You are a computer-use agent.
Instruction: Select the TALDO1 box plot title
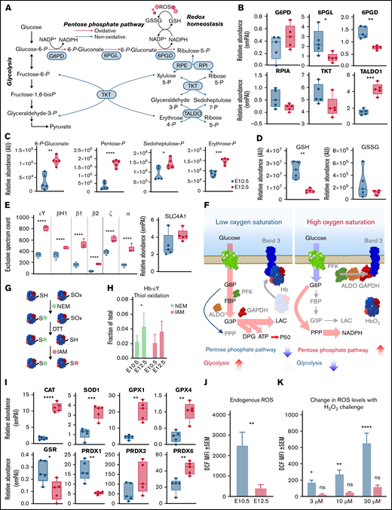coord(361,78)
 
